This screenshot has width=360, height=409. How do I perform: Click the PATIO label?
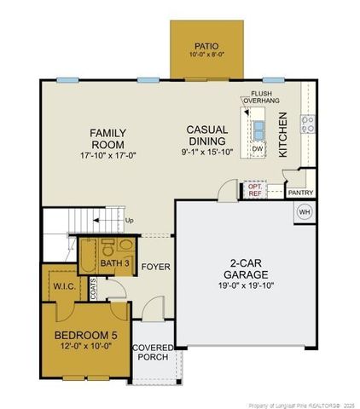click(206, 45)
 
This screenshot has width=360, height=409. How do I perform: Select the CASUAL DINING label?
click(207, 135)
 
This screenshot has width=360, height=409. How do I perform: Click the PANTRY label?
click(300, 193)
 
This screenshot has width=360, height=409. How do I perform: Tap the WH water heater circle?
click(305, 211)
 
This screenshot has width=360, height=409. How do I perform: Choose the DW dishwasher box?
click(257, 148)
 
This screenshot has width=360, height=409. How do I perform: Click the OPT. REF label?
click(255, 190)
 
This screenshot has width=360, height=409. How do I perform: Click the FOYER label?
click(156, 267)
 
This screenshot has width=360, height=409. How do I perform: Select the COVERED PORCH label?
click(153, 354)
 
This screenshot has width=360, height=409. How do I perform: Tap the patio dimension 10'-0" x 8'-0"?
click(206, 55)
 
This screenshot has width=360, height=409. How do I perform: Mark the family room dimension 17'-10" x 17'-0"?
click(109, 156)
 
